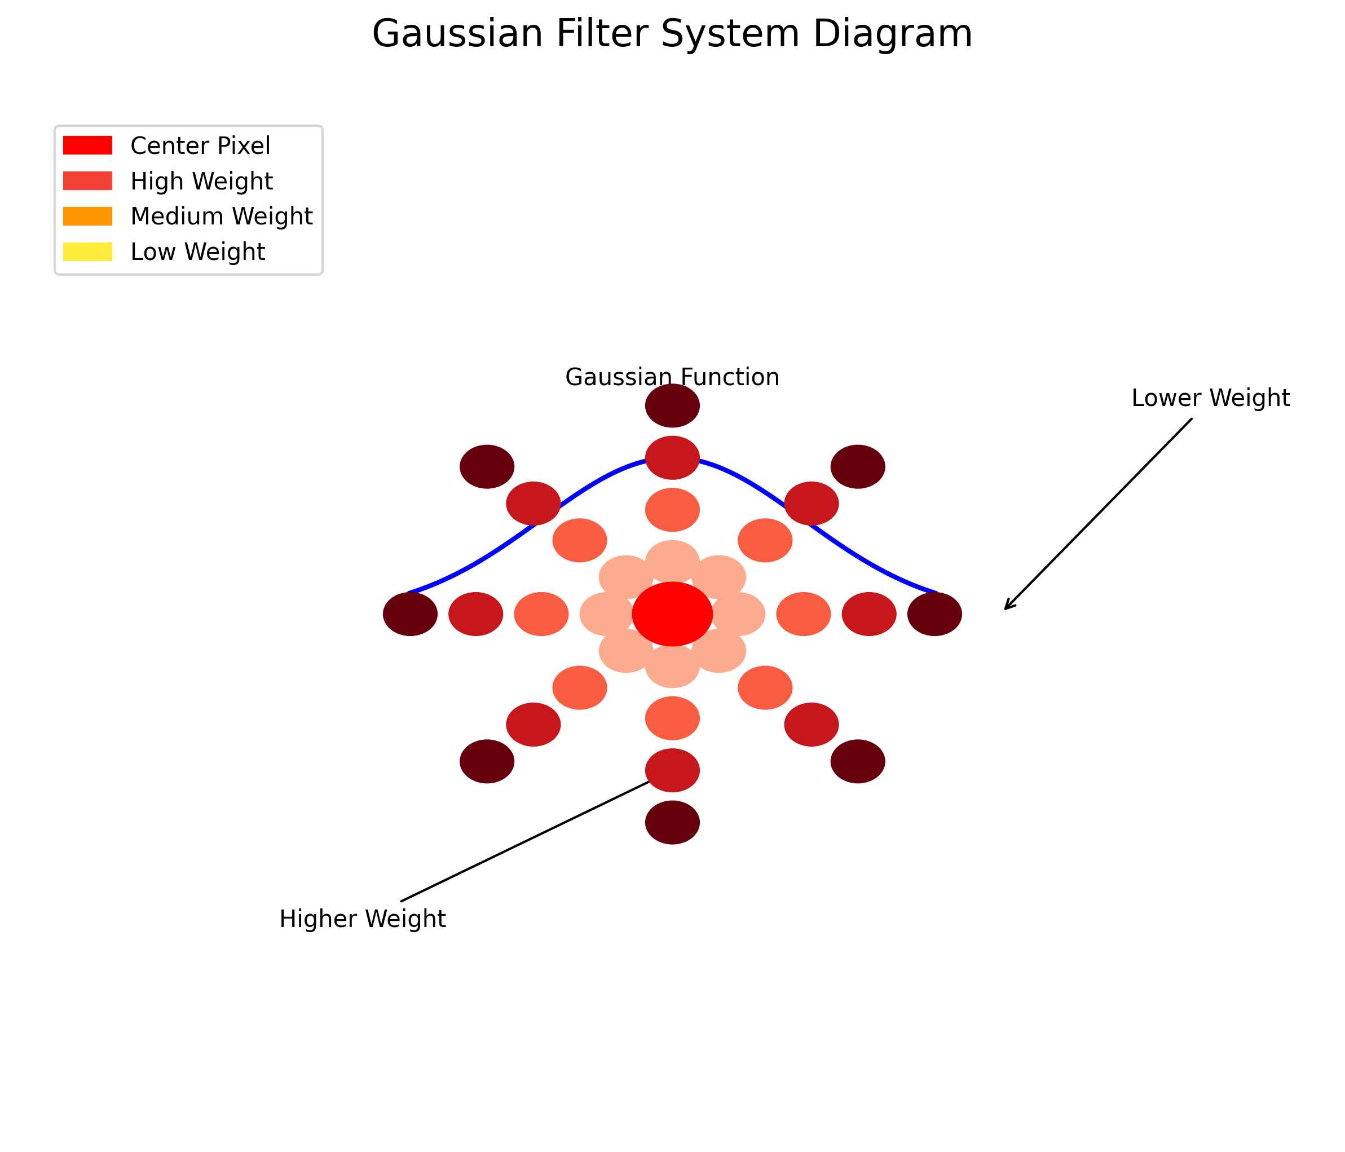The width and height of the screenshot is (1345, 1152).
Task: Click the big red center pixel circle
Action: (672, 614)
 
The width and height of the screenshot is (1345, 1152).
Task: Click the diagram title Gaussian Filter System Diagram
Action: (672, 34)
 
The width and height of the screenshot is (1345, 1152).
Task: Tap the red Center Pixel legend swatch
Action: (87, 145)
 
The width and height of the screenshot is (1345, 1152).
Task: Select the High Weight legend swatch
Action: (87, 181)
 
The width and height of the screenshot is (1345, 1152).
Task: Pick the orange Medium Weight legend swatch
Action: (87, 216)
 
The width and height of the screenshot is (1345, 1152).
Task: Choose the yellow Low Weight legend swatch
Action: (87, 252)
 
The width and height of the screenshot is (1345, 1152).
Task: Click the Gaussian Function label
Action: (672, 377)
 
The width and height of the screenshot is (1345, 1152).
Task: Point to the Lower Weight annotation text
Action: (1211, 398)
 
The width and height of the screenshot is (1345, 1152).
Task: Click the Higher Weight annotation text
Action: (362, 919)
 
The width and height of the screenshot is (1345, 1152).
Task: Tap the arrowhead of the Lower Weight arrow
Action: (1006, 608)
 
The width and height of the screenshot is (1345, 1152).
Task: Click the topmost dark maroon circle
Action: (672, 405)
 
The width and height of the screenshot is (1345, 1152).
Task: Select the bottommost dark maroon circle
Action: (672, 822)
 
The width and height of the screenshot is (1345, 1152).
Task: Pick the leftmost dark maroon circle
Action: (410, 614)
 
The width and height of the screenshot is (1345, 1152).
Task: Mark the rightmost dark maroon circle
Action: (935, 614)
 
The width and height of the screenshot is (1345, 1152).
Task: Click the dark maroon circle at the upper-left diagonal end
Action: (487, 467)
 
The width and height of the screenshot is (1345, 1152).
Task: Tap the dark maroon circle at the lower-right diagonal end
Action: (858, 761)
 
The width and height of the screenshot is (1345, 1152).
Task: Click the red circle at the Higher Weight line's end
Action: (672, 770)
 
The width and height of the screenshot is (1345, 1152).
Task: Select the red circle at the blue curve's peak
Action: (672, 457)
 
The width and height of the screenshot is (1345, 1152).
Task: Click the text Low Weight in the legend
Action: (197, 252)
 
